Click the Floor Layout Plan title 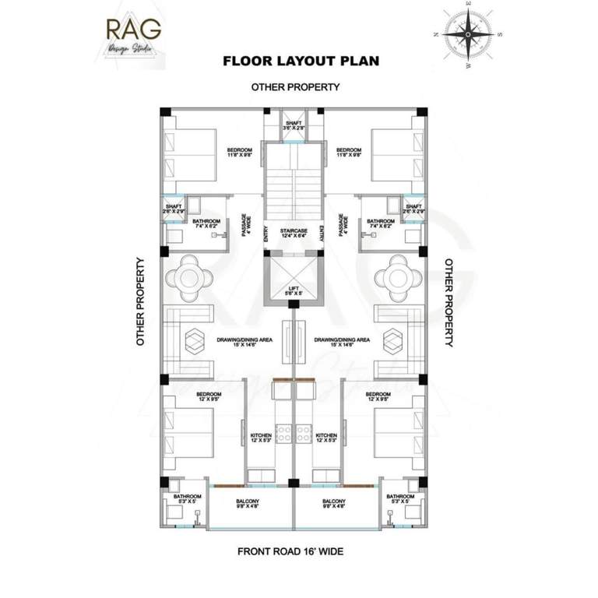(x=301, y=61)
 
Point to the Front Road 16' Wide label (x=290, y=551)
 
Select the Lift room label (x=293, y=290)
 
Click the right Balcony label (x=333, y=503)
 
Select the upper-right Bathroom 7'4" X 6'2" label (x=381, y=223)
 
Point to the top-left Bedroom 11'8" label (x=239, y=152)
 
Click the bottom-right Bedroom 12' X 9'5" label (x=378, y=397)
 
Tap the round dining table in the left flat (x=189, y=278)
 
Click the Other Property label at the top (x=295, y=87)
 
